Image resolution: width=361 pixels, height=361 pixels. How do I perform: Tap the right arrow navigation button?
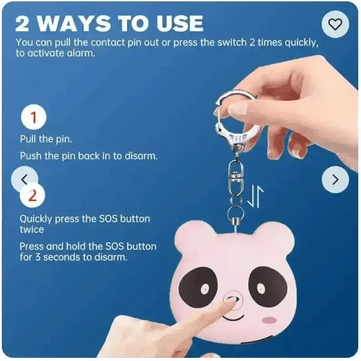pyautogui.click(x=335, y=180)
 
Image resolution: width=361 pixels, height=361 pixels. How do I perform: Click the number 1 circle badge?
pyautogui.click(x=32, y=118)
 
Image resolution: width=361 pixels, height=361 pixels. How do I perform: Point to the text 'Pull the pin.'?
pyautogui.click(x=46, y=139)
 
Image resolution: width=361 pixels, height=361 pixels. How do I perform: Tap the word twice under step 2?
pyautogui.click(x=32, y=229)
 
